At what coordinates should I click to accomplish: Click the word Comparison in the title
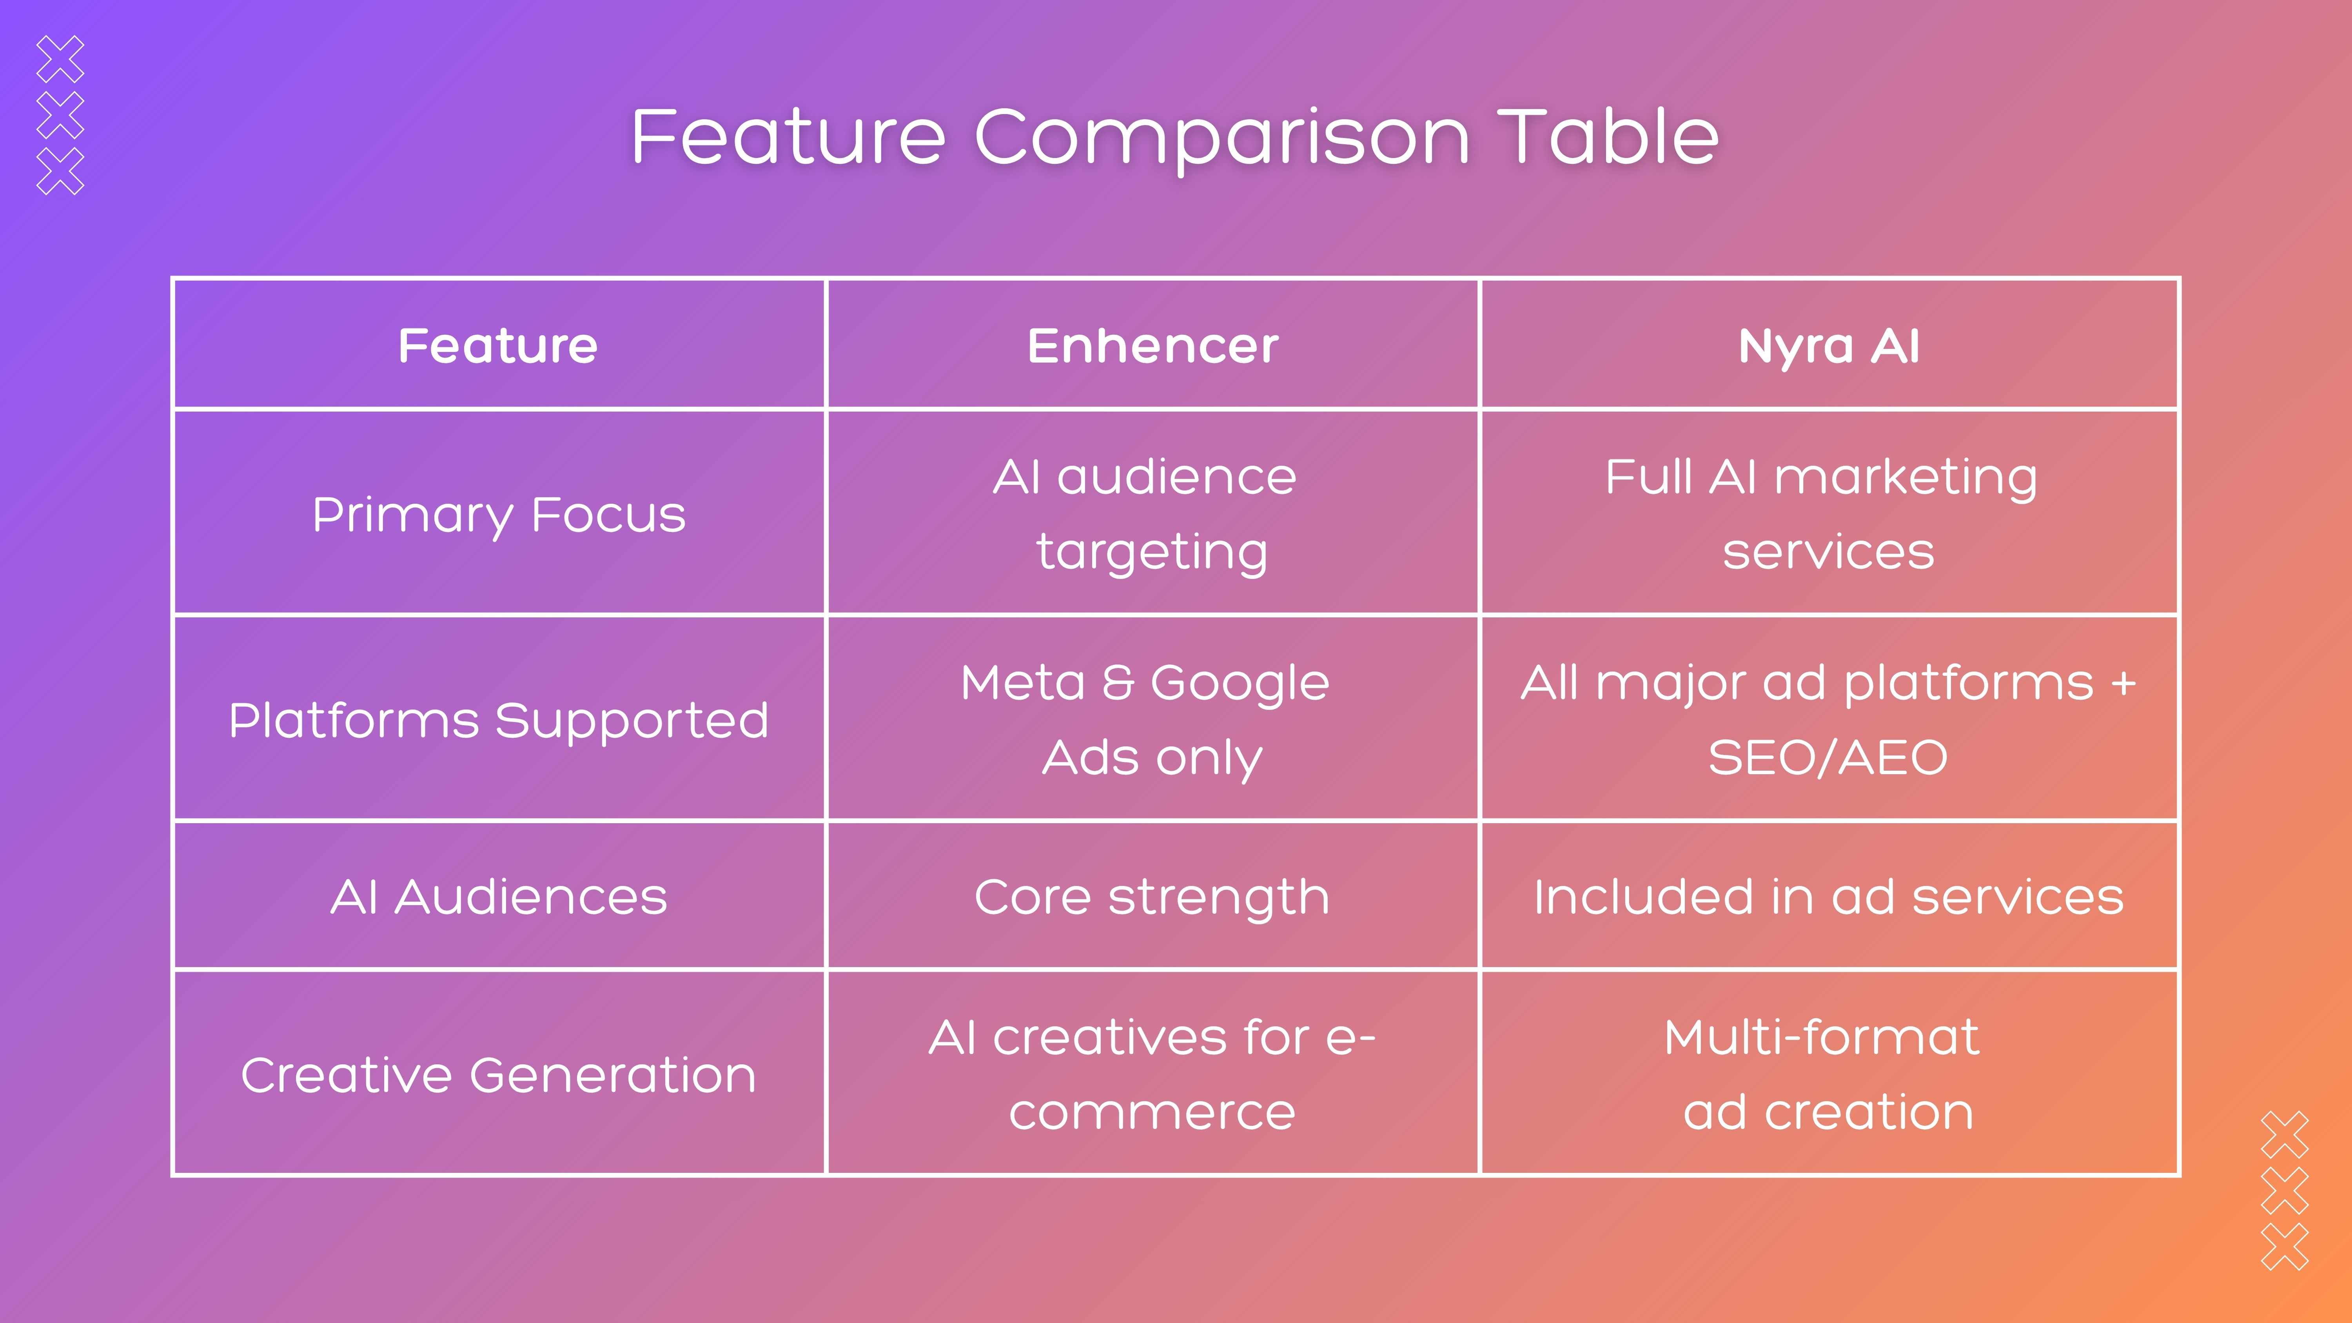[1221, 137]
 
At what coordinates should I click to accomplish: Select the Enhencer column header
[1152, 346]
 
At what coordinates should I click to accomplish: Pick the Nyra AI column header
[1829, 346]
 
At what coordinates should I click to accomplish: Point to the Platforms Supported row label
[499, 720]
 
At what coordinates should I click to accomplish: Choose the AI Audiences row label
[499, 897]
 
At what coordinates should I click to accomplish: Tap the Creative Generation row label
[499, 1074]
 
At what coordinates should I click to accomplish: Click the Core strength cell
[1152, 897]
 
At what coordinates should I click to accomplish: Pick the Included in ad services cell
[1829, 897]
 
